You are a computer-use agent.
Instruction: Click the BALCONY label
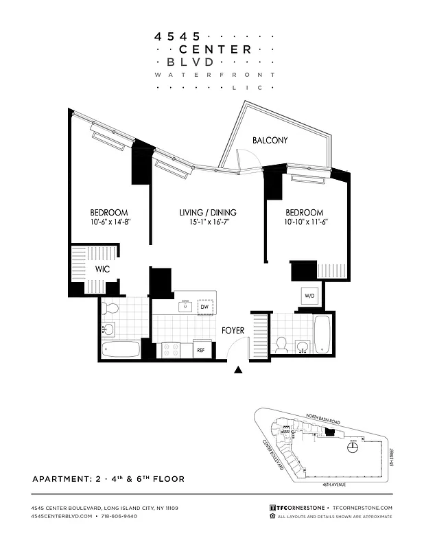[x=270, y=141]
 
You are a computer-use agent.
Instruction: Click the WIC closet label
[x=102, y=269]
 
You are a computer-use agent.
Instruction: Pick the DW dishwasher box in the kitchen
[x=205, y=307]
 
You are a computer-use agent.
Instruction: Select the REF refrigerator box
[x=201, y=349]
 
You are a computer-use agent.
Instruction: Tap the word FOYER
[x=233, y=331]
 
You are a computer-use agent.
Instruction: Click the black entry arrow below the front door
[x=239, y=371]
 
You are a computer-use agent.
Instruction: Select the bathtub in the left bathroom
[x=121, y=349]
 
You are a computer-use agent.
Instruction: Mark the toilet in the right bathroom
[x=281, y=344]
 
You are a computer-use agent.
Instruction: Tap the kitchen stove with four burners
[x=171, y=349]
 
